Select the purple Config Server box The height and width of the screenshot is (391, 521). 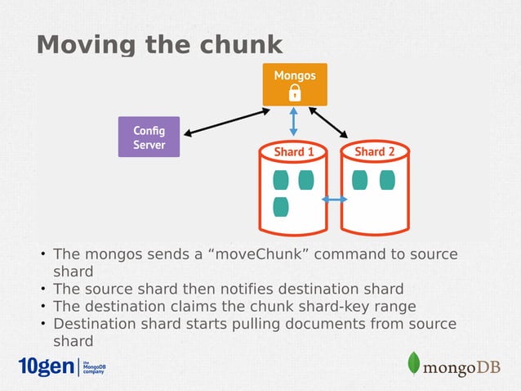[149, 137]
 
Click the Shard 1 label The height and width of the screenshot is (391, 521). [294, 152]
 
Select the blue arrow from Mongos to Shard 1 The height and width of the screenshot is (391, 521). [295, 124]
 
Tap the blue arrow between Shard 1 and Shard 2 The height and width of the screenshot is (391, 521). [334, 200]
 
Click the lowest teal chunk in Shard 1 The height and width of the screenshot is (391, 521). [281, 207]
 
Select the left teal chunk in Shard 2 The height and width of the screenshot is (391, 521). [358, 180]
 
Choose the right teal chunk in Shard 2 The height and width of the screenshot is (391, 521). [386, 180]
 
